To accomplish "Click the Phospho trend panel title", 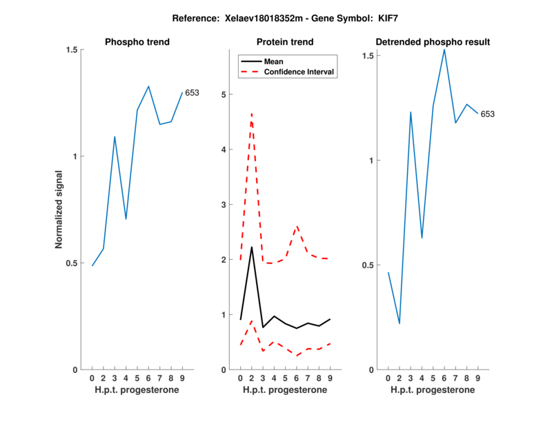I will [x=137, y=42].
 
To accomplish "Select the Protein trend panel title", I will [x=286, y=42].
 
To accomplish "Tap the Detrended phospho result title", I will [x=433, y=42].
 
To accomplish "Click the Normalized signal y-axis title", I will [x=59, y=210].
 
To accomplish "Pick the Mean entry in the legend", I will [x=274, y=61].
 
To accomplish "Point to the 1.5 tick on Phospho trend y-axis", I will [x=71, y=50].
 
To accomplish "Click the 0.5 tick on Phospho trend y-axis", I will [x=71, y=263].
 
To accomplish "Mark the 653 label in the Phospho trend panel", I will [x=192, y=92].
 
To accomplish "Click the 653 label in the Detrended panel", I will [x=488, y=114].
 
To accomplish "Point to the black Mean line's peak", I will [x=251, y=247].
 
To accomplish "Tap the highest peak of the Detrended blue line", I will [x=444, y=49].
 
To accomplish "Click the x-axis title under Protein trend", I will [x=285, y=390].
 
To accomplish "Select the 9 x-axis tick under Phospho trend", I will [x=182, y=378].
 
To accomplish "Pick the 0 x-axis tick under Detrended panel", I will [x=388, y=378].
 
